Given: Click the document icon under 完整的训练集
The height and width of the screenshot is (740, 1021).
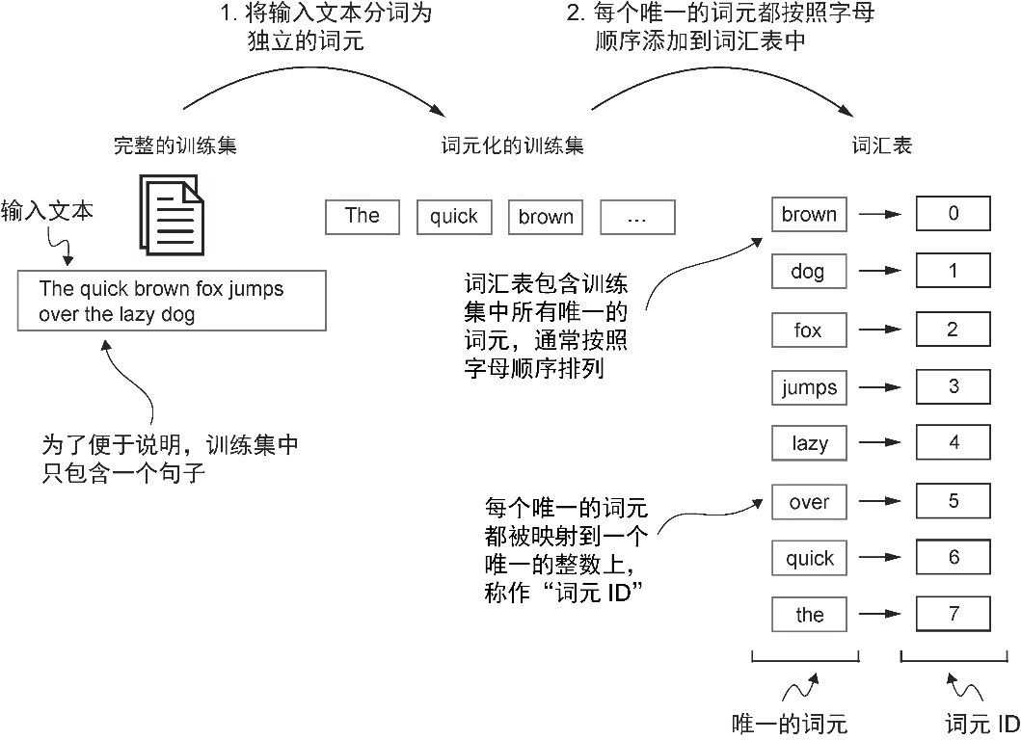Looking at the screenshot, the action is [x=172, y=214].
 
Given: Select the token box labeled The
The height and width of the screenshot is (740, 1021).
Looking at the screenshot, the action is [x=363, y=216].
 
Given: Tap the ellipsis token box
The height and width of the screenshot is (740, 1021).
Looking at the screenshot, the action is [x=637, y=217].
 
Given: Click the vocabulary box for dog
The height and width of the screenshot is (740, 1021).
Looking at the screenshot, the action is [x=809, y=271].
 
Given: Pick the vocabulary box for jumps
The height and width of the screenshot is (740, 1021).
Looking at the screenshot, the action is [x=809, y=387].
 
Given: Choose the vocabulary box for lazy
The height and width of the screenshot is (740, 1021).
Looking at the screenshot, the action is [x=809, y=443].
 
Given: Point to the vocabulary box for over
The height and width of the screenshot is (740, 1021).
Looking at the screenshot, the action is [x=809, y=502].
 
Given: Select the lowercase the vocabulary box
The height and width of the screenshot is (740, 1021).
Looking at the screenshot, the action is [x=809, y=615].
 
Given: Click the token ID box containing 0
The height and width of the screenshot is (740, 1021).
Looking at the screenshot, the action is [x=954, y=214].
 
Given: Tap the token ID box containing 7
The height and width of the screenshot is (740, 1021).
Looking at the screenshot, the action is [x=954, y=614].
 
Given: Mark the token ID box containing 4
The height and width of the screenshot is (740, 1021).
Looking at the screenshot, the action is [x=954, y=442].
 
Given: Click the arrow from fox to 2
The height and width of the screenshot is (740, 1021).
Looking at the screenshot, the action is [x=880, y=330].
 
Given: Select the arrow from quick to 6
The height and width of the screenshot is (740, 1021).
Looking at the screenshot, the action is [x=880, y=558].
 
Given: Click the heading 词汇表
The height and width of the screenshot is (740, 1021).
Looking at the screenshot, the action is [x=881, y=145].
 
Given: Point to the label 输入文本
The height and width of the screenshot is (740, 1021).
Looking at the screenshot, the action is [x=47, y=211].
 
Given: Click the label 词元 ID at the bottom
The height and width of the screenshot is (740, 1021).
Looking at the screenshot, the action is [x=982, y=724].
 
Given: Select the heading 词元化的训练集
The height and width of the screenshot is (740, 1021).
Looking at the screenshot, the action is [x=513, y=145].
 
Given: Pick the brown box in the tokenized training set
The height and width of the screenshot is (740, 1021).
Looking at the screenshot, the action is [x=546, y=217].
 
